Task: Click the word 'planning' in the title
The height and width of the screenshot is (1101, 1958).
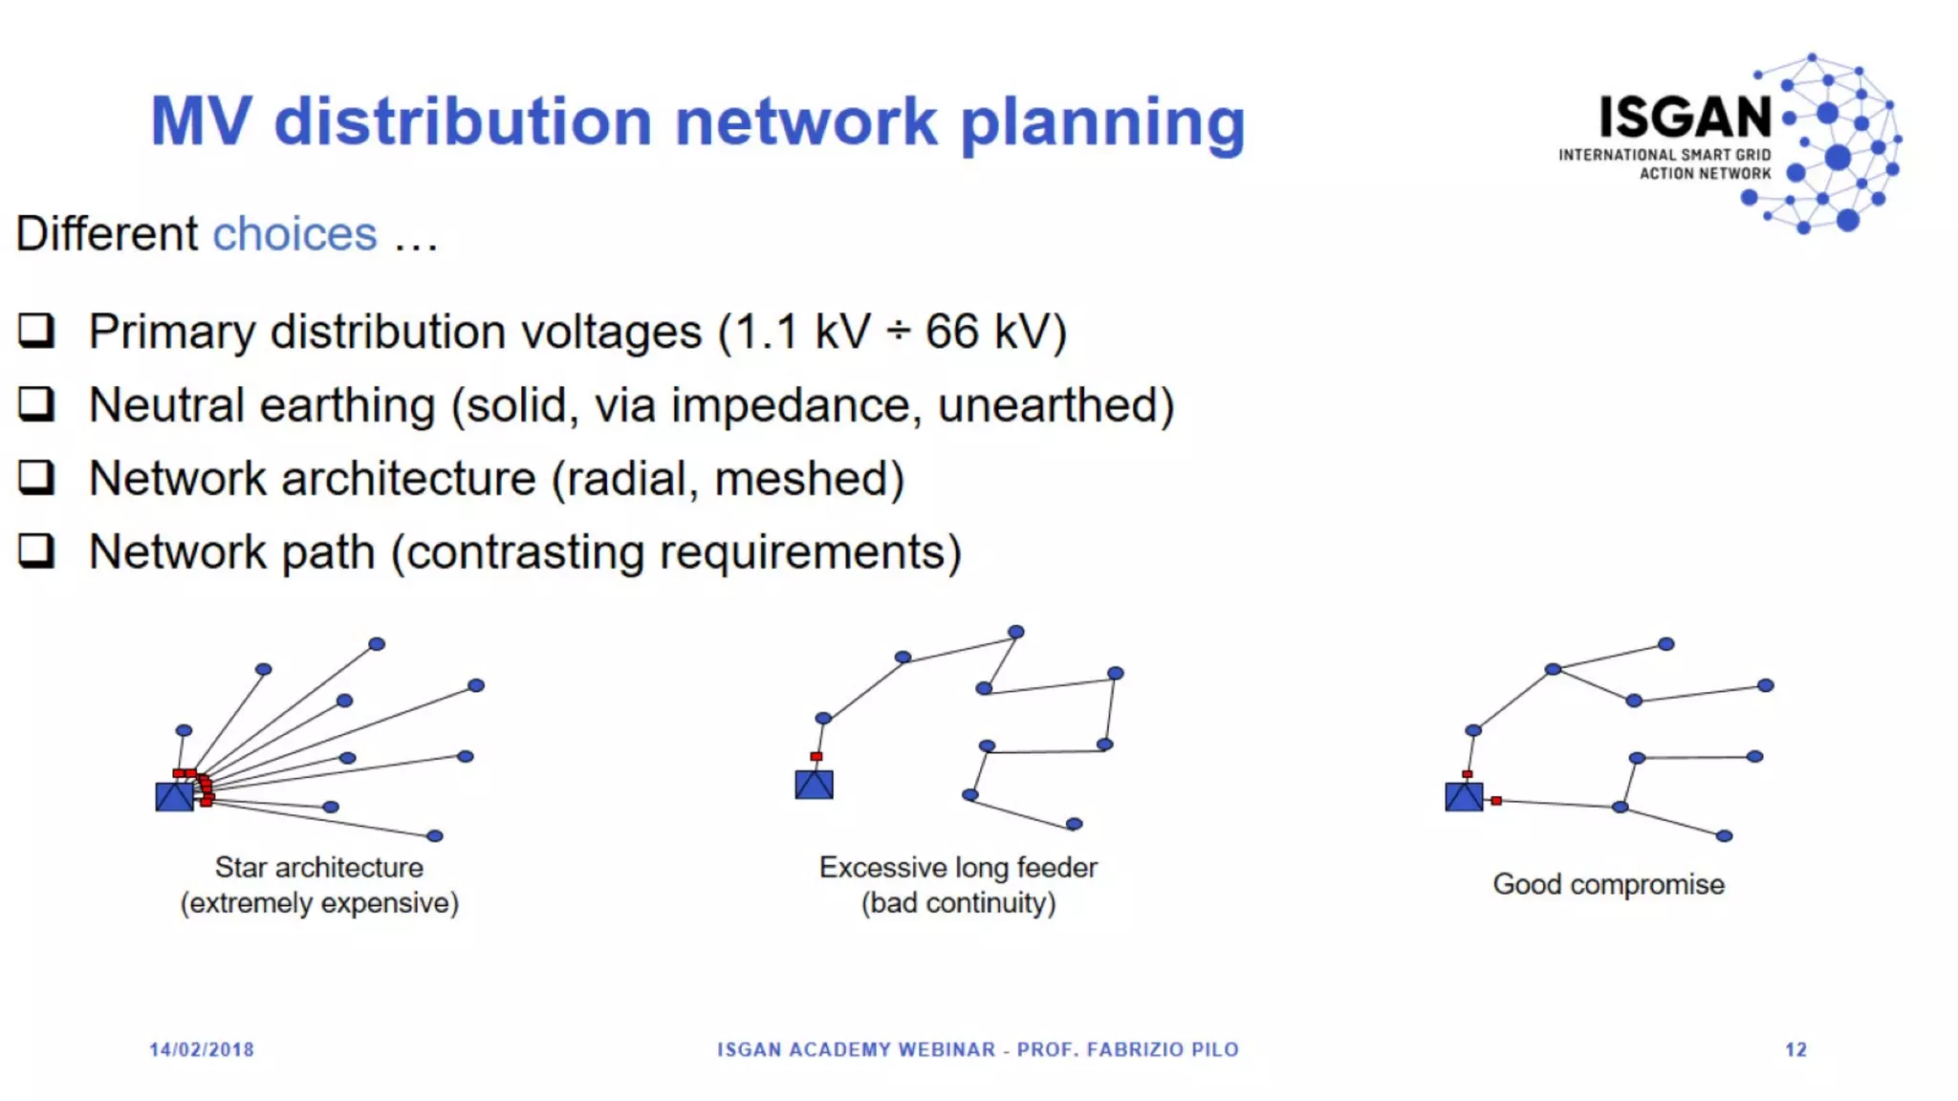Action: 1101,122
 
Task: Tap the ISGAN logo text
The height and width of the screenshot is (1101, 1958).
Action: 1685,118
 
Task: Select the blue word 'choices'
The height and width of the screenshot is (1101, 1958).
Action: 294,234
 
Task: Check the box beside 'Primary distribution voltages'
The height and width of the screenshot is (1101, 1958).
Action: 36,331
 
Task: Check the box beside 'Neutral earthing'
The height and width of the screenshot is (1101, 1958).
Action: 36,404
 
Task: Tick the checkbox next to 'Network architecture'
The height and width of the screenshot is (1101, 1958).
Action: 36,477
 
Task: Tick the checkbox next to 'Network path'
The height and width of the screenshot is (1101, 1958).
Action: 36,550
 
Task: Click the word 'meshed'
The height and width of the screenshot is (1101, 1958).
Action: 809,479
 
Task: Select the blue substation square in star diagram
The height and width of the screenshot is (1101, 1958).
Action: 174,796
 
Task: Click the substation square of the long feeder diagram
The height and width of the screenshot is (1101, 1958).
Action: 814,785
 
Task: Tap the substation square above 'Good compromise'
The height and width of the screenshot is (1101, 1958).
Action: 1464,796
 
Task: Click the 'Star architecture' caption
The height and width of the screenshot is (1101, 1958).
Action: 318,868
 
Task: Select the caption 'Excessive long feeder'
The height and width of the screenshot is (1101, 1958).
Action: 958,868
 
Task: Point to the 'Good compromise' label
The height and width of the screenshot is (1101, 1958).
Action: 1608,884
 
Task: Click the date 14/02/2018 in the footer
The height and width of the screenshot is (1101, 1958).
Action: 202,1049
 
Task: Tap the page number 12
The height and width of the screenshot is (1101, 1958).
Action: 1795,1049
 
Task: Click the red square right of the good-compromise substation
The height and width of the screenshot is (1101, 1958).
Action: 1496,801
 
